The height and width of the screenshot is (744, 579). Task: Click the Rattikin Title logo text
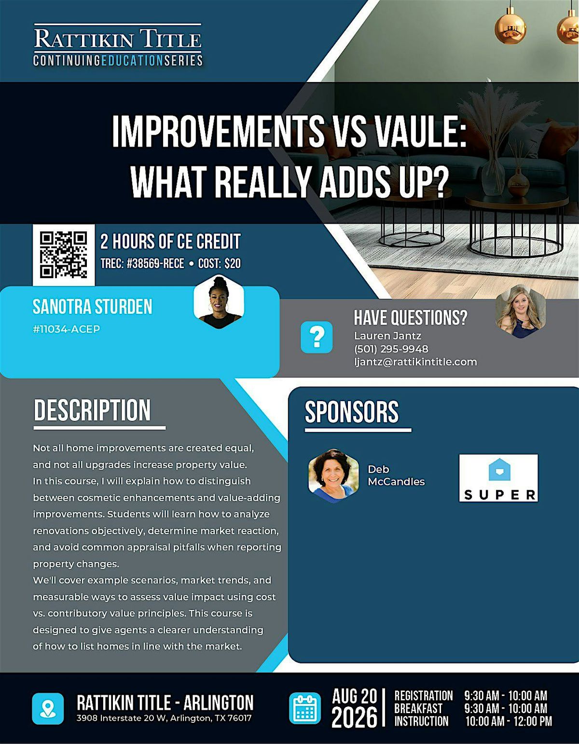118,39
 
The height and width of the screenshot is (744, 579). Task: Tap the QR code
63,255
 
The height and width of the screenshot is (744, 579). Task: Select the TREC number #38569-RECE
155,264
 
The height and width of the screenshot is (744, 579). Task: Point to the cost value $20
233,264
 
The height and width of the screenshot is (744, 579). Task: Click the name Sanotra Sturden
93,307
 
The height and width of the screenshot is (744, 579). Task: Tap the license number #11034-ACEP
67,329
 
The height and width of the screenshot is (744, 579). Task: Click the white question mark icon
317,337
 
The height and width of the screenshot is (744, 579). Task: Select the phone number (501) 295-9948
391,349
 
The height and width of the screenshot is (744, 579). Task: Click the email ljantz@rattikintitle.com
415,362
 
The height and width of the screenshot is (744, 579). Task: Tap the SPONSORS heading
352,412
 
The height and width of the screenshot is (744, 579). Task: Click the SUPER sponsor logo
498,478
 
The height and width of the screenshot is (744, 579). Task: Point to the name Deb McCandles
396,475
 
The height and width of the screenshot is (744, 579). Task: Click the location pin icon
48,709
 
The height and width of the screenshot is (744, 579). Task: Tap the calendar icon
305,708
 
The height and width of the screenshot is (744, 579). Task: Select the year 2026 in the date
354,717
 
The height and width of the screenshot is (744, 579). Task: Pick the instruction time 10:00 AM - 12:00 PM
509,722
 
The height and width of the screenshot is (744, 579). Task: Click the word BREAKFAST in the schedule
418,709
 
